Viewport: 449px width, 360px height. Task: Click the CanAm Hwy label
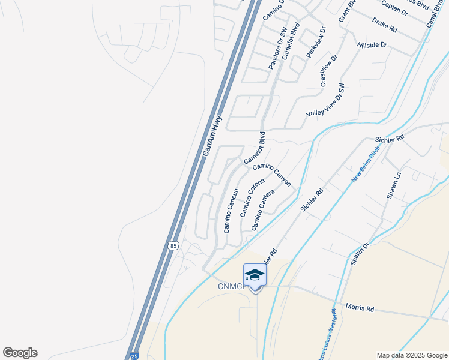212,137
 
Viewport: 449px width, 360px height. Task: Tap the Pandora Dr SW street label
278,48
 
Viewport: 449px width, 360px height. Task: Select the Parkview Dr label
316,42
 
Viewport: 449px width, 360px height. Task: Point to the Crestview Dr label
329,70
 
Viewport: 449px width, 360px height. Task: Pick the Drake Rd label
385,25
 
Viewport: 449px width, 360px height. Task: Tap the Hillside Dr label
372,44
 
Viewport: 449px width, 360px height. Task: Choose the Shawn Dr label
359,251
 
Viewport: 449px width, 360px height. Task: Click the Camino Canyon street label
272,174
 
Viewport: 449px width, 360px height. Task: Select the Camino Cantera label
263,210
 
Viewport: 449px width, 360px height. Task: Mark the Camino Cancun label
231,211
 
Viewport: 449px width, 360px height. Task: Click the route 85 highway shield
173,245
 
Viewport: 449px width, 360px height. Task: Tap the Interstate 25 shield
134,355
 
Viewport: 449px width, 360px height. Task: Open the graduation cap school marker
255,275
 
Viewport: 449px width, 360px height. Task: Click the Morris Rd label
360,308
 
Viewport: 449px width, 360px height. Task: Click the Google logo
20,353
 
